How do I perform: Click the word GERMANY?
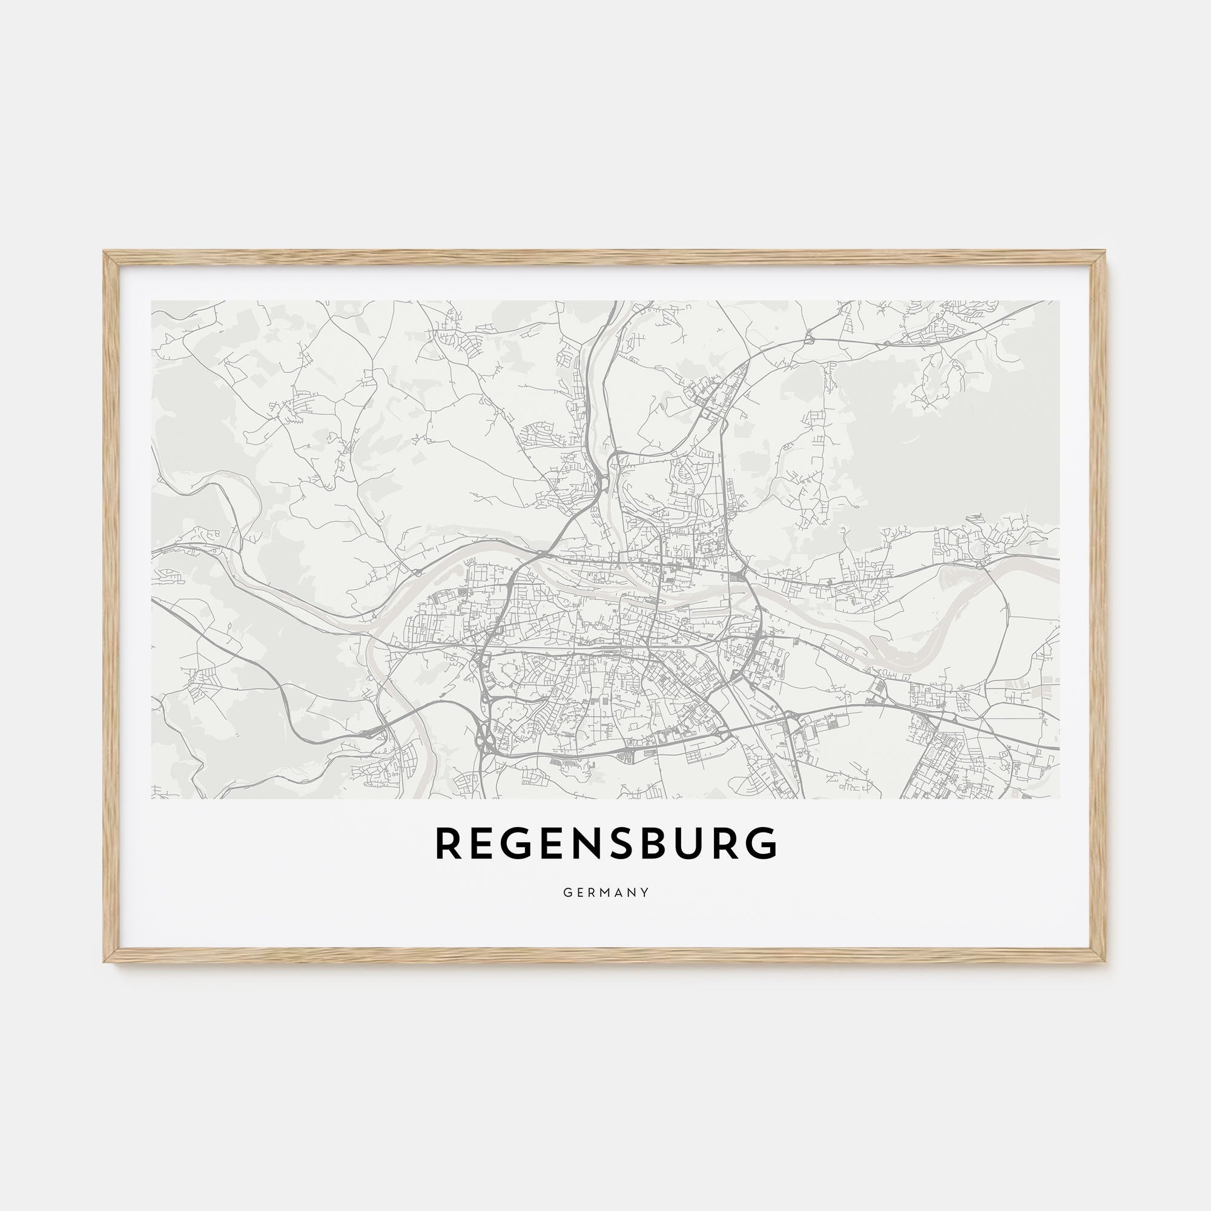tap(605, 893)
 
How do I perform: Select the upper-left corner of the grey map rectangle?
tap(153, 302)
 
